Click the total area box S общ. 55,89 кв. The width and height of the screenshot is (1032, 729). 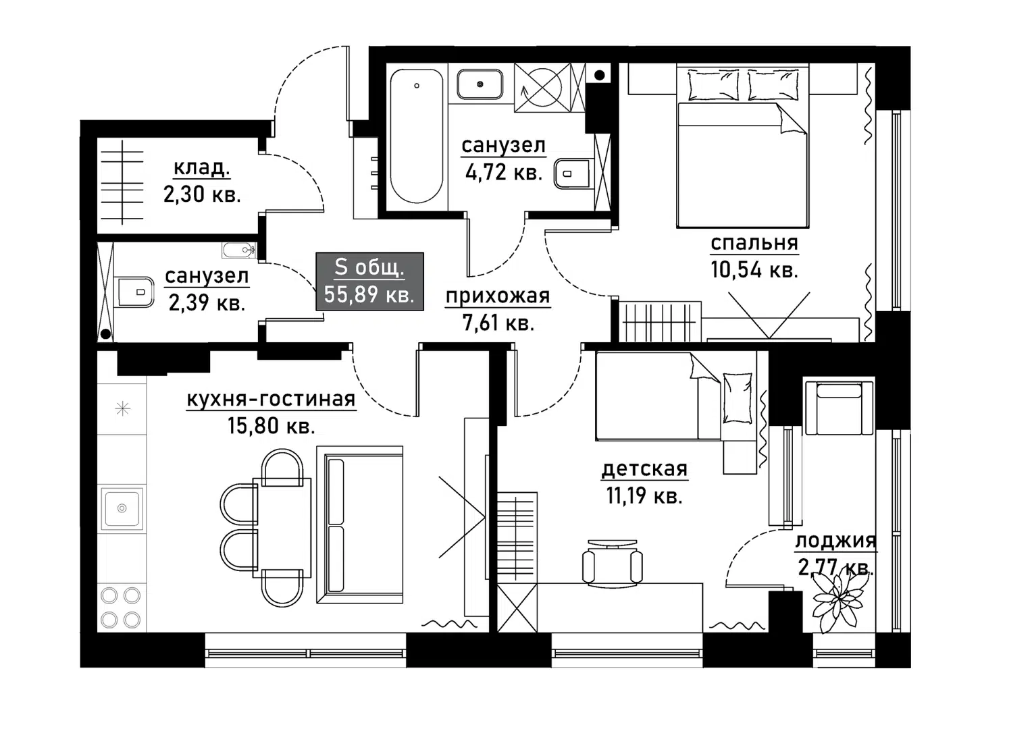click(369, 281)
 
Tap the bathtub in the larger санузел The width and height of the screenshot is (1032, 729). click(417, 136)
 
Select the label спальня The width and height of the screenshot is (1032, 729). click(754, 243)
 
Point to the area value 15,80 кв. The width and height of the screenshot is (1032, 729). click(271, 426)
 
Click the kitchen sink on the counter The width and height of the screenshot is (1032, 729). click(122, 508)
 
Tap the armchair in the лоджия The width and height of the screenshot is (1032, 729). click(839, 407)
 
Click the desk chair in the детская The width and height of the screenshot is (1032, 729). click(613, 563)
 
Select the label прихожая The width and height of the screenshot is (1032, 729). click(498, 296)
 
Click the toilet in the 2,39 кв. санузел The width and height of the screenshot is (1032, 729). click(133, 292)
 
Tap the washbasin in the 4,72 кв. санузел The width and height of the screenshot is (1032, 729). click(480, 84)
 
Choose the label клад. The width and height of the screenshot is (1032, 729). click(202, 167)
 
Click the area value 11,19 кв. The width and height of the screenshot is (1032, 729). click(644, 495)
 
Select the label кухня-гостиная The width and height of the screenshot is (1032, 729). click(271, 399)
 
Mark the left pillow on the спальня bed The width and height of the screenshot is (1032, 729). click(713, 85)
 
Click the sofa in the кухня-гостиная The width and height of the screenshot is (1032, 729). click(360, 524)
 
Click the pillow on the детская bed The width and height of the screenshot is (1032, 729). click(737, 398)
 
